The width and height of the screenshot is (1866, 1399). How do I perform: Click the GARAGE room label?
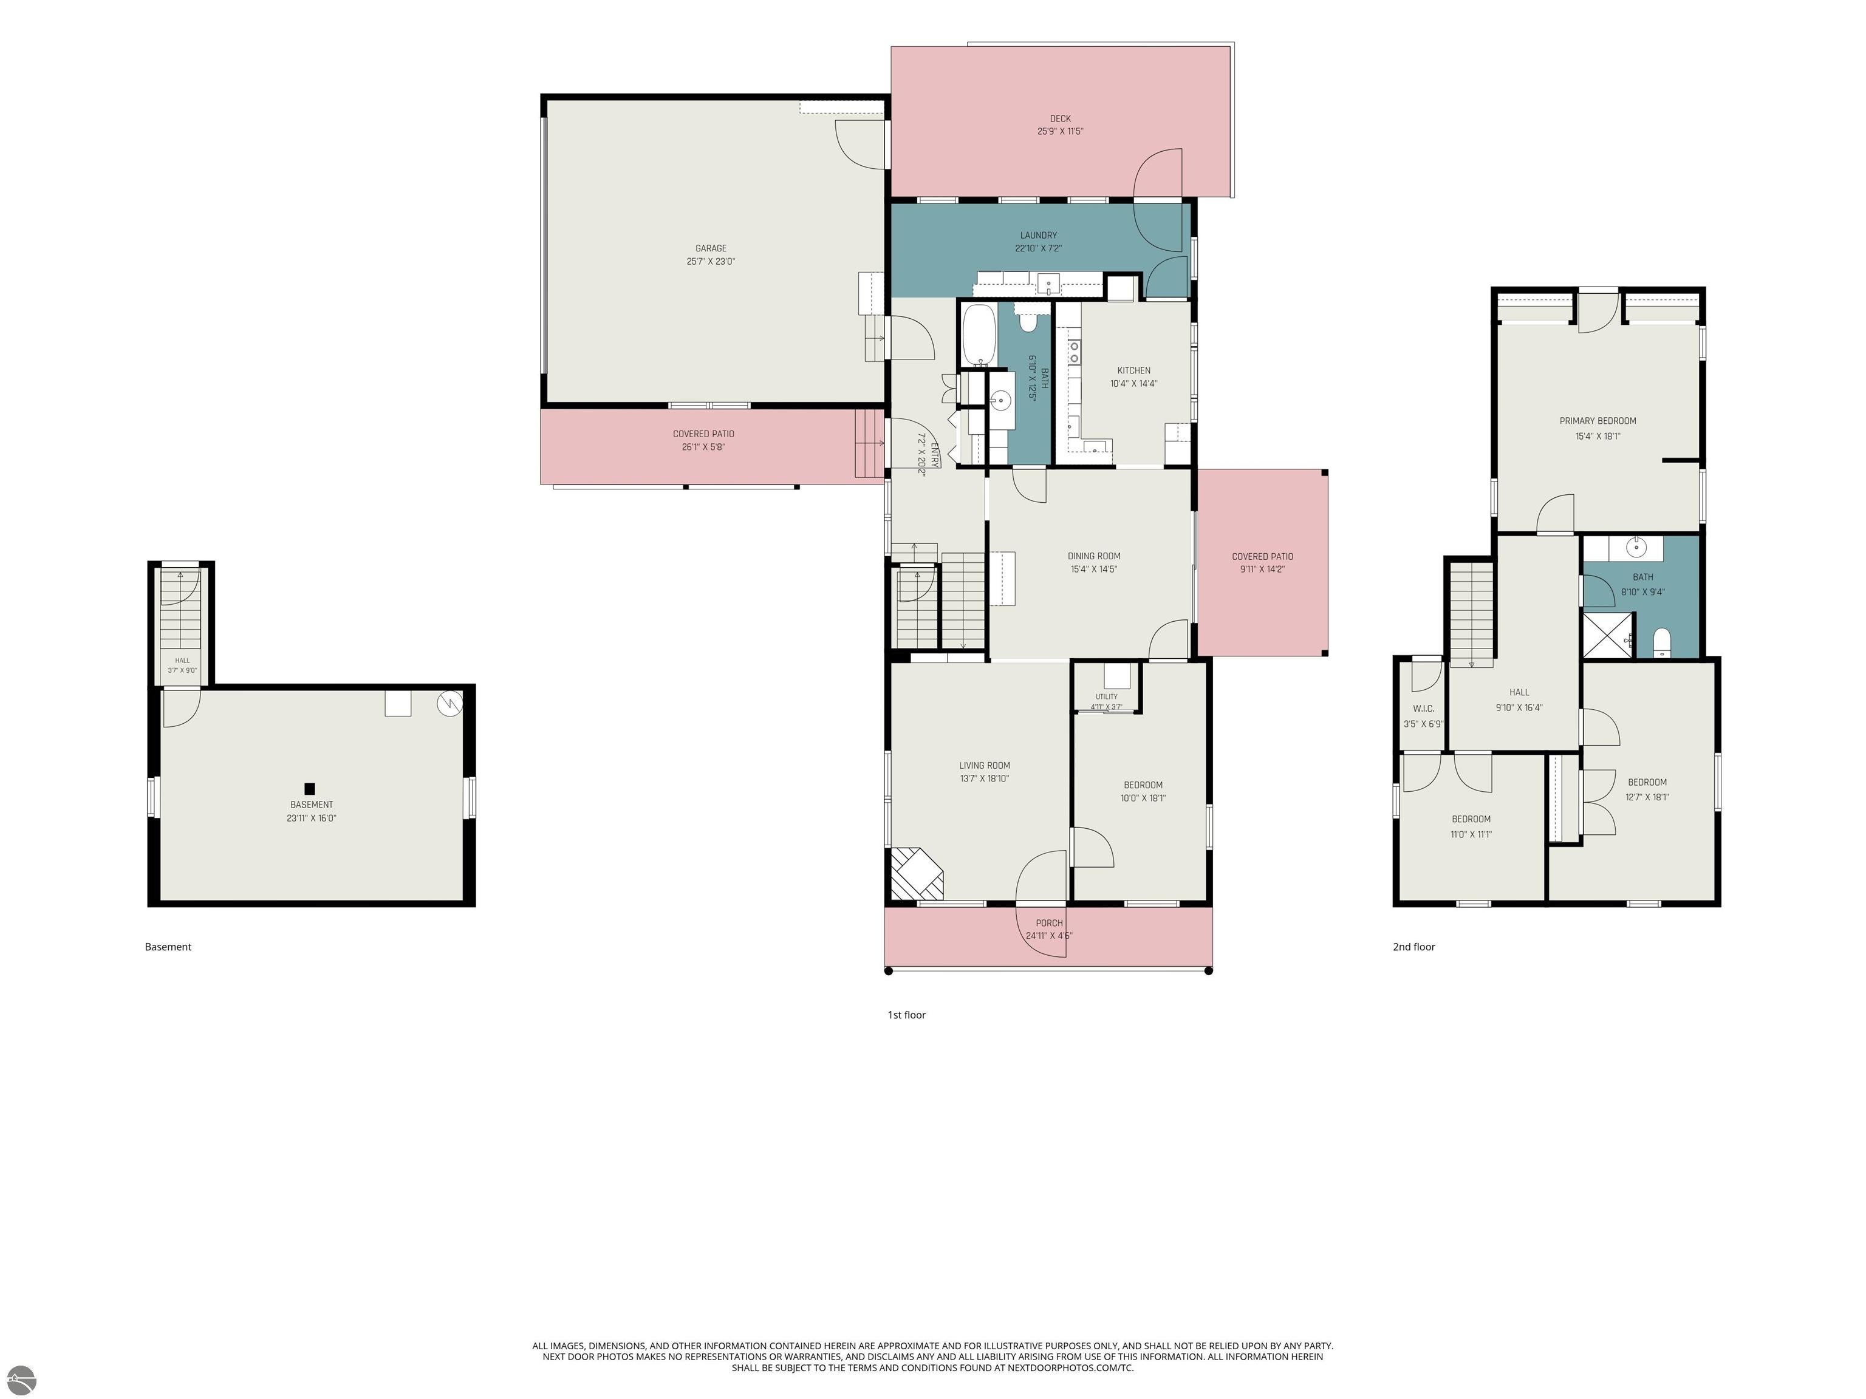pos(711,248)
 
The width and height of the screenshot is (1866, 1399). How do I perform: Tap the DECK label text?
pos(1061,119)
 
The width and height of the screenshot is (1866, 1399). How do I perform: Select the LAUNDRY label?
pos(1039,235)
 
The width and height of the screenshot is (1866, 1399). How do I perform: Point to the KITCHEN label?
pos(1134,370)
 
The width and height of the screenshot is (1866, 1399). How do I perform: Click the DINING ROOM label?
pos(1094,556)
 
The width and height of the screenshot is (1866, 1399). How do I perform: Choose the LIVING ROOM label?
pos(985,766)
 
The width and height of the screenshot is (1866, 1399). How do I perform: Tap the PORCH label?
pos(1050,922)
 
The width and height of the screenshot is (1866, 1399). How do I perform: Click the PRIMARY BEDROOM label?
pos(1598,421)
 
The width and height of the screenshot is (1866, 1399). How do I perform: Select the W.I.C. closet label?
pos(1423,709)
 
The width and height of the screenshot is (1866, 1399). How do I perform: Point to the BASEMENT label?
pos(311,805)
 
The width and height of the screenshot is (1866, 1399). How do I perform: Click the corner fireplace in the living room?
pos(915,874)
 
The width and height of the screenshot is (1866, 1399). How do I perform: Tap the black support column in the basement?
pos(310,789)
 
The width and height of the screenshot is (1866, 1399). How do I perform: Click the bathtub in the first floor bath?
pos(979,335)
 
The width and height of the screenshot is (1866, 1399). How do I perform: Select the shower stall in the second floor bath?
pos(1608,635)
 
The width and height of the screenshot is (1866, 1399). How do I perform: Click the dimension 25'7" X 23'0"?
pos(711,262)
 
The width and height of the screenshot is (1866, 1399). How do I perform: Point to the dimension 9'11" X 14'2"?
pos(1262,569)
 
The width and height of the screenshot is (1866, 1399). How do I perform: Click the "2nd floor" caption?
pos(1414,947)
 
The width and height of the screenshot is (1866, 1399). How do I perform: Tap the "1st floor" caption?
pos(907,1015)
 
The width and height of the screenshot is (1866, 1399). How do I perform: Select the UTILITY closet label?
pos(1107,696)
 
